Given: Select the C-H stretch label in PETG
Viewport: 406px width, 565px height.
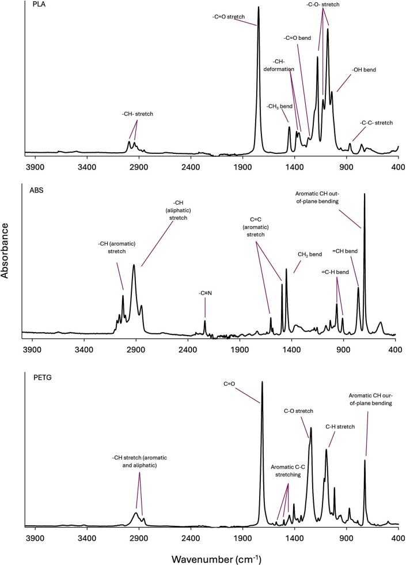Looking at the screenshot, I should pos(339,427).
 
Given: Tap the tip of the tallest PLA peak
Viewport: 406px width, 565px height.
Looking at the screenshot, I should pos(258,7).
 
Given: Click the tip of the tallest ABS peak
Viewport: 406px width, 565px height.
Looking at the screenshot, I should pos(364,194).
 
